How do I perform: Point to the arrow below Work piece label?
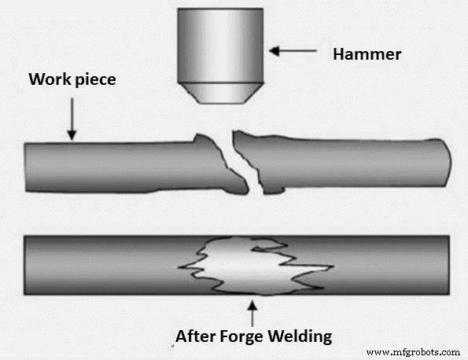point(70,119)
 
